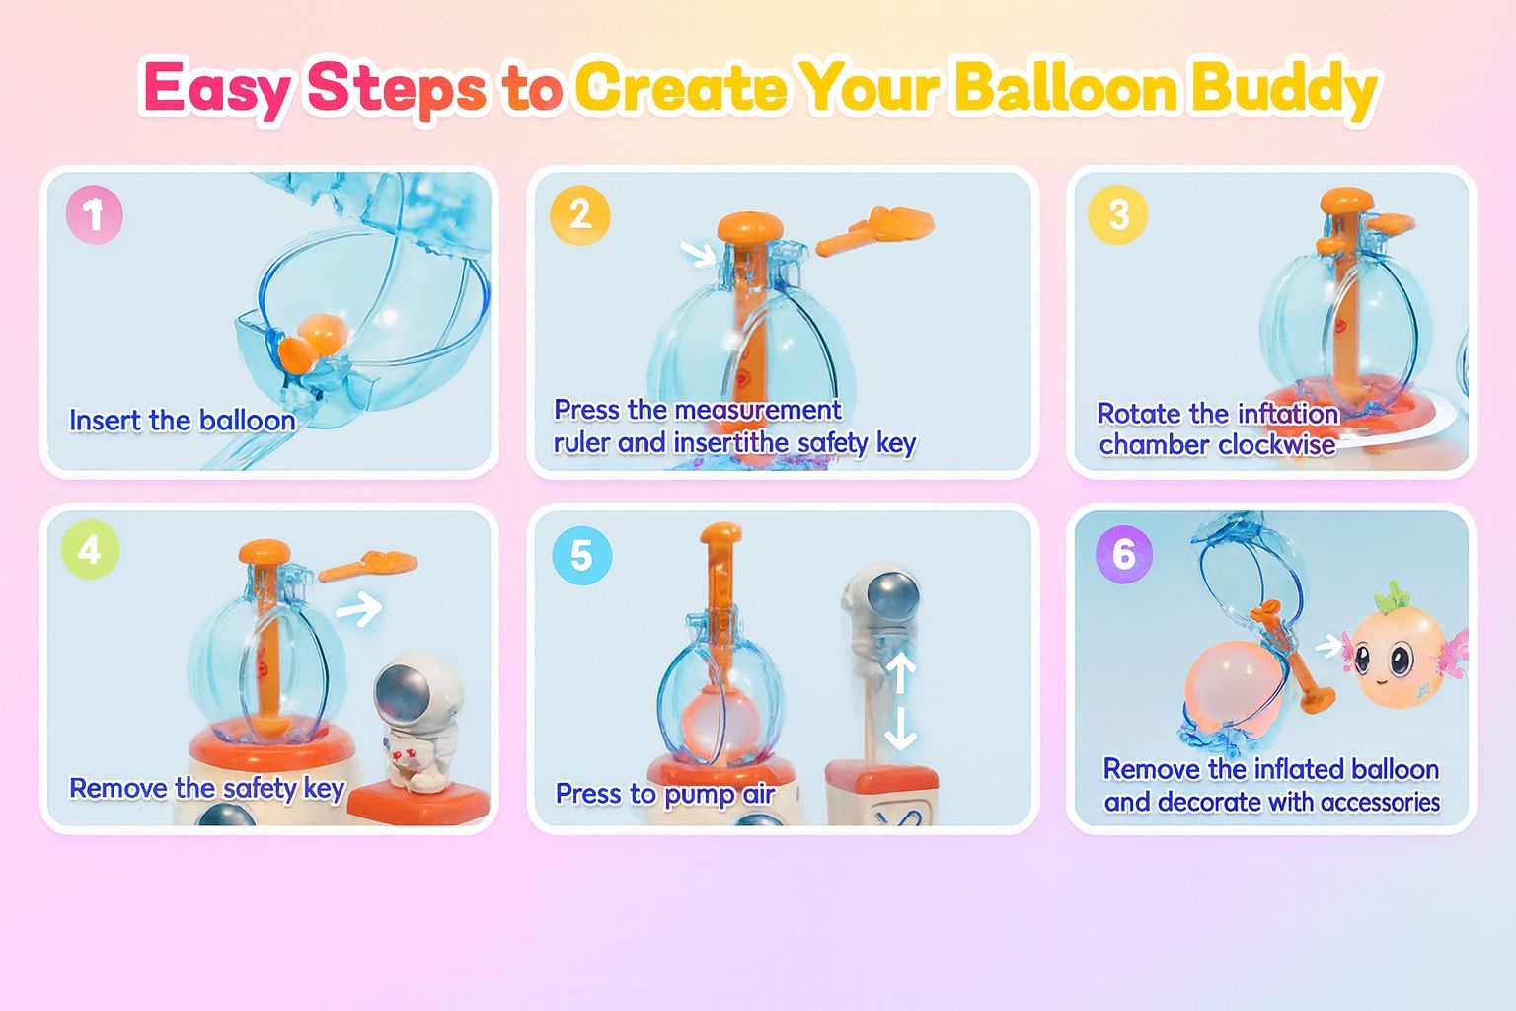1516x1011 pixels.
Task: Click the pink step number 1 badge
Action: pos(94,214)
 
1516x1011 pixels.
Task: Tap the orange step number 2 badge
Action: pos(580,215)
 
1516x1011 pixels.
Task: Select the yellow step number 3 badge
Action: pos(1118,214)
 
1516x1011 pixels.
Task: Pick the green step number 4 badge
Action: pos(90,550)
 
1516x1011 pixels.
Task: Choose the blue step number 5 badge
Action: pos(582,556)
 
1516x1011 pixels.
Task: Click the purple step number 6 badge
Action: pos(1124,554)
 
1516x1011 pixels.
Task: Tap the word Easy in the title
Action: pos(217,90)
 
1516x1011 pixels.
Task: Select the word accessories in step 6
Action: pos(1380,802)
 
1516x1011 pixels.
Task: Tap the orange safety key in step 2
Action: pos(875,230)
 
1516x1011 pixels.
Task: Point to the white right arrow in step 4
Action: pos(359,609)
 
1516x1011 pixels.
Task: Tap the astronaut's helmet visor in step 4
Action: pos(402,696)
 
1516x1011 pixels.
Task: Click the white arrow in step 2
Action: pos(698,254)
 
